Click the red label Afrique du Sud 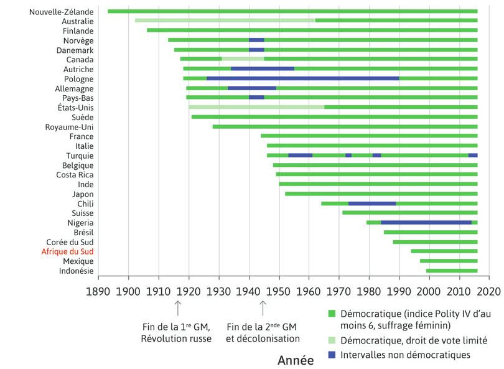[x=67, y=251]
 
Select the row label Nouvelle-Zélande [x=61, y=11]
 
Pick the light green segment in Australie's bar [x=225, y=21]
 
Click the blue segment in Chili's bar [x=372, y=203]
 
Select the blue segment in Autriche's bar [x=262, y=68]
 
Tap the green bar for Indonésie [x=452, y=271]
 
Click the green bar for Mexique [x=449, y=261]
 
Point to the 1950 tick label [x=279, y=291]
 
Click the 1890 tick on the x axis [x=98, y=291]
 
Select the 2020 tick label [x=489, y=291]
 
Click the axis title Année [x=296, y=360]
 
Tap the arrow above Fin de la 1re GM [x=177, y=307]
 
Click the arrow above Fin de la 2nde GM [x=263, y=307]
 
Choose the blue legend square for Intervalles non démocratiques [x=332, y=355]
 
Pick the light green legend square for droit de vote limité [x=332, y=340]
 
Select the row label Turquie [x=80, y=156]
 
